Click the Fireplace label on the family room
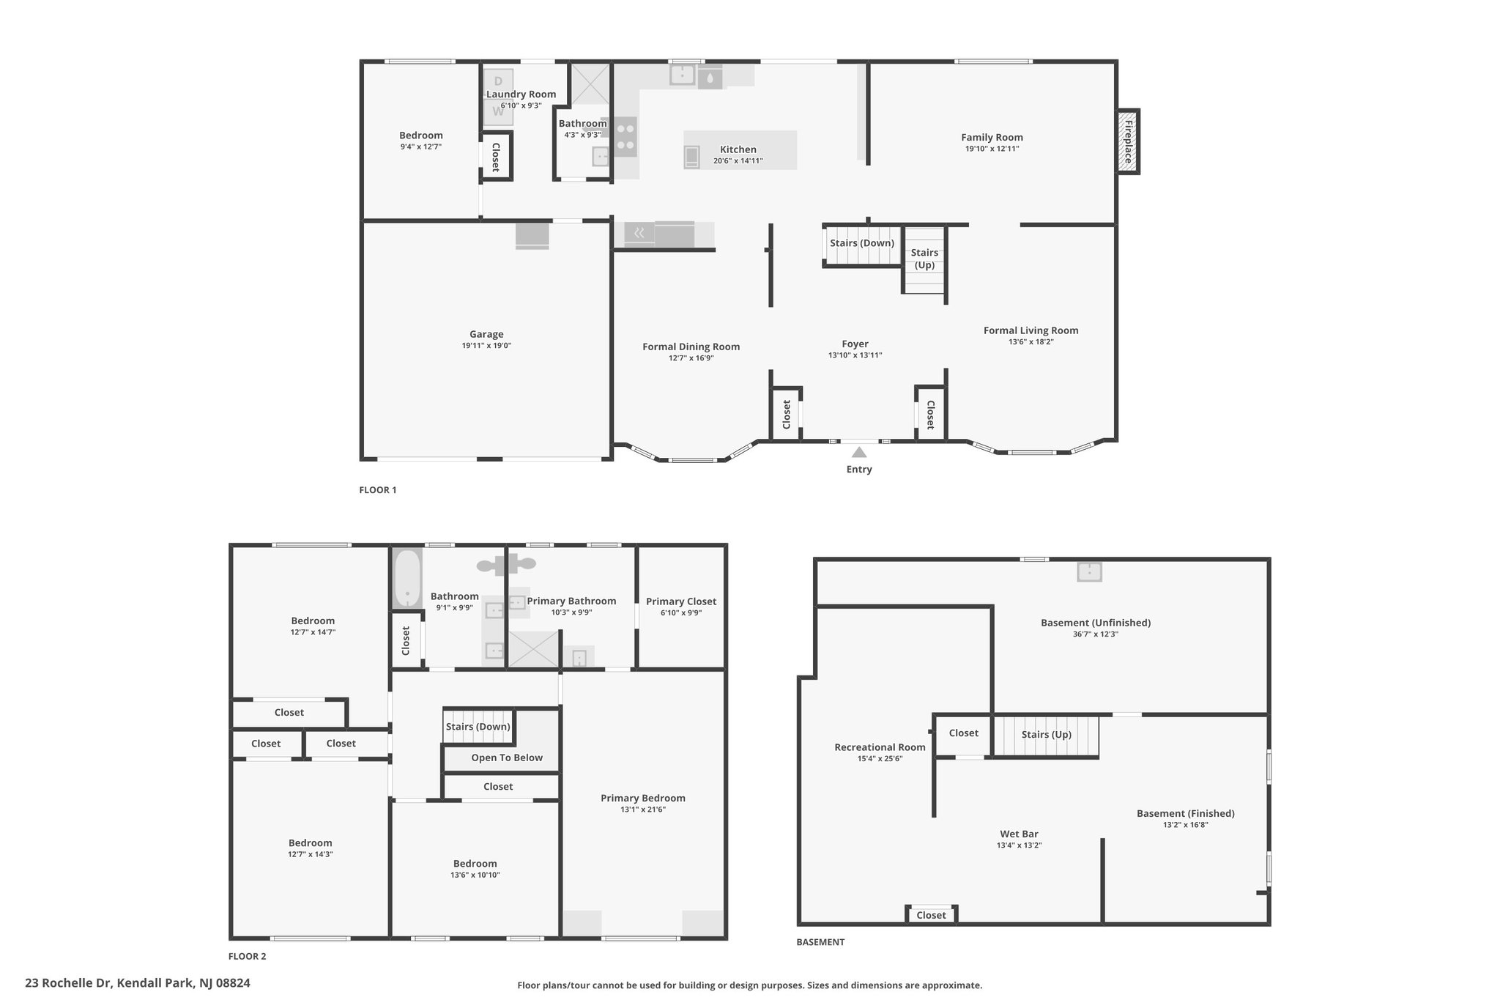click(1129, 142)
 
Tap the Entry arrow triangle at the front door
click(859, 453)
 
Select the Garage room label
click(486, 334)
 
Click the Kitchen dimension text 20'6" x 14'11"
click(738, 160)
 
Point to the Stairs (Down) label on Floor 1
click(862, 243)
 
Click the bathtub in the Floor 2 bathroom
click(408, 578)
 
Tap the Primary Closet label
click(681, 601)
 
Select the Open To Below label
click(507, 758)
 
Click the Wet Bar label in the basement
click(1019, 834)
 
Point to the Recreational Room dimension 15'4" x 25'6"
click(880, 759)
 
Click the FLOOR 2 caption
click(248, 956)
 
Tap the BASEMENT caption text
click(820, 942)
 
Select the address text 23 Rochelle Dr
click(68, 983)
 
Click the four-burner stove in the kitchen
click(625, 136)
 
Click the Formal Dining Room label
click(691, 347)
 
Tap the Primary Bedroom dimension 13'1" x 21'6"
click(643, 810)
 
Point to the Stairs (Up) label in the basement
click(1047, 735)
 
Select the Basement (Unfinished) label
click(1096, 623)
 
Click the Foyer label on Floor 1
click(855, 344)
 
